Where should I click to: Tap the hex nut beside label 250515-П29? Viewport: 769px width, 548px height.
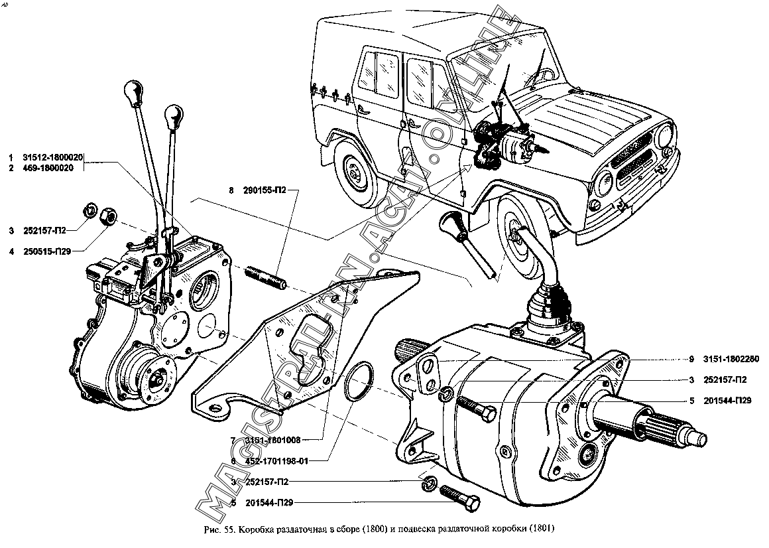[107, 215]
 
